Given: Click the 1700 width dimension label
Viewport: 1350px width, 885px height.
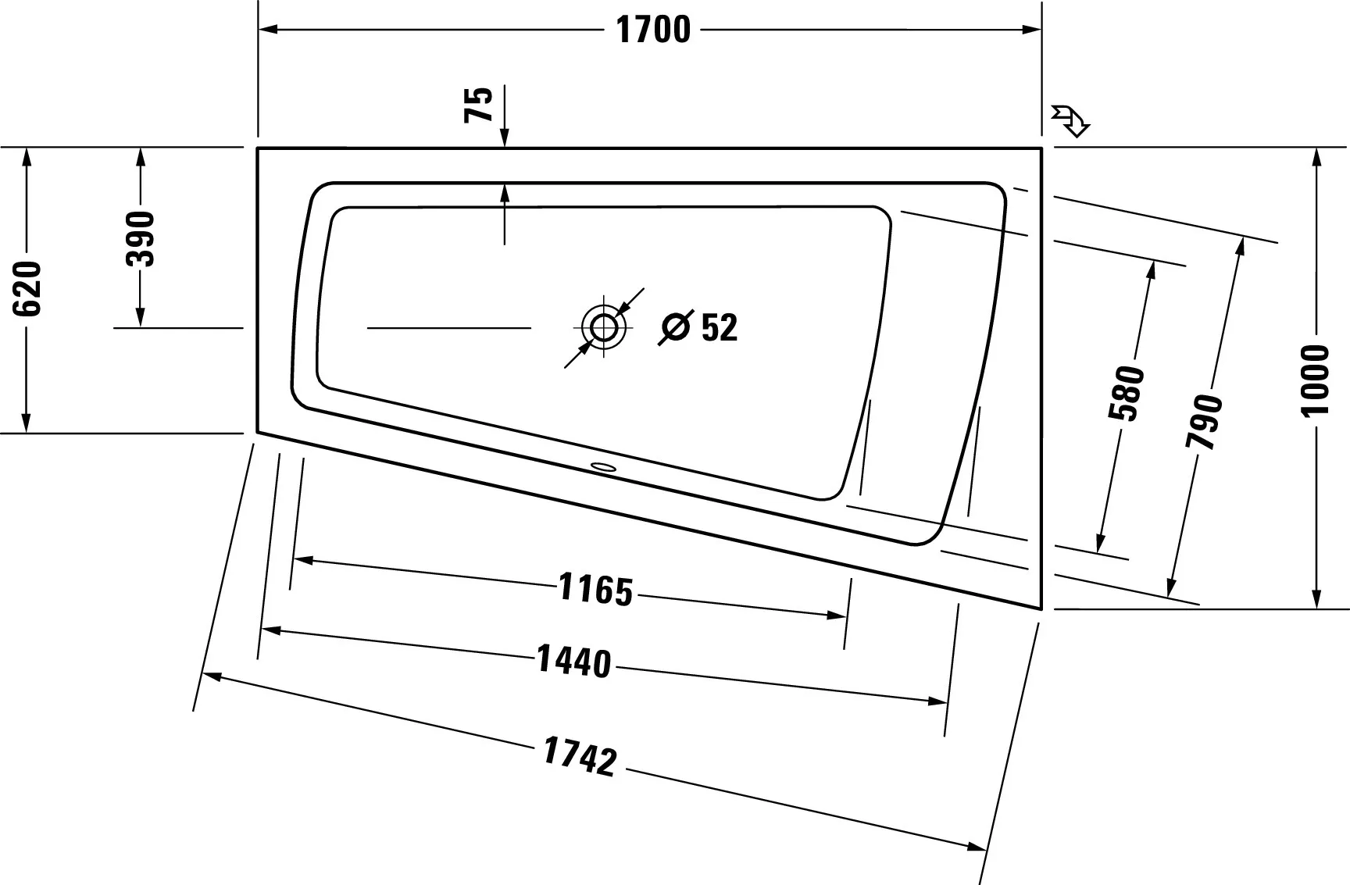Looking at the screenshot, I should coord(653,30).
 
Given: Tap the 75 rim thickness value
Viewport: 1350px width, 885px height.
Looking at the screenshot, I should coord(480,104).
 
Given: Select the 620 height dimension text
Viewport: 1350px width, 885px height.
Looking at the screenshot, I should coord(28,288).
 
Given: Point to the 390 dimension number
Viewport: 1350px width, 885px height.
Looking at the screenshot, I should coord(141,238).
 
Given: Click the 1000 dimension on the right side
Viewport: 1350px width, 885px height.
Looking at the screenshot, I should coord(1316,380).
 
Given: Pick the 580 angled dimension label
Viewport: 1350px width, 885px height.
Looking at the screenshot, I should coord(1126,392).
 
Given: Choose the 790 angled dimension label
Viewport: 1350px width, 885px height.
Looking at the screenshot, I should coord(1204,422).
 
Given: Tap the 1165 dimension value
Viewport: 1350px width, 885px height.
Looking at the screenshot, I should coord(595,590).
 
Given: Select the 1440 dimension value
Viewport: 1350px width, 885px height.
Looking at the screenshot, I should coord(573,662).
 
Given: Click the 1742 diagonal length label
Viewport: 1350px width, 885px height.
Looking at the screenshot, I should coord(580,758).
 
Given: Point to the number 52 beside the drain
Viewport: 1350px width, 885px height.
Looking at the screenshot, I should coord(719,328).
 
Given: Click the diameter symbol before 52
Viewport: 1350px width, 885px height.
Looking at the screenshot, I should coord(676,327).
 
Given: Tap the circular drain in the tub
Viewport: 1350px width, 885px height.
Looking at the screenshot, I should coord(604,327).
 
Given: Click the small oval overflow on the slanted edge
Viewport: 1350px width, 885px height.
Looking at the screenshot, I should coord(604,468).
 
